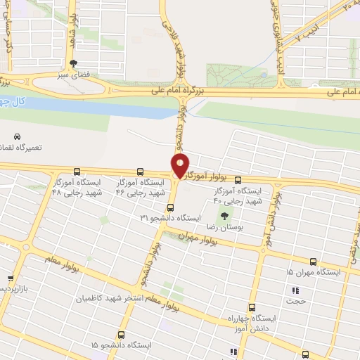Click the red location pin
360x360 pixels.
click(x=180, y=166)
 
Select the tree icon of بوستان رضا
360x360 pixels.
click(x=224, y=217)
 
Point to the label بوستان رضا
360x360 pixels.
click(x=224, y=228)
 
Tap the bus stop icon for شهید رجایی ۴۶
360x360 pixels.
click(x=140, y=171)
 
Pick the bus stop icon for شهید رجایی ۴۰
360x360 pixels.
click(x=238, y=180)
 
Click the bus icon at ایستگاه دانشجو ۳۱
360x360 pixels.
click(x=170, y=207)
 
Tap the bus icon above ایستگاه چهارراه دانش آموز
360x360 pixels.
click(x=252, y=307)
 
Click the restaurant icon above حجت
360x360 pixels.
click(x=295, y=290)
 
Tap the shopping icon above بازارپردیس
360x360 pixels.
click(x=10, y=278)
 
